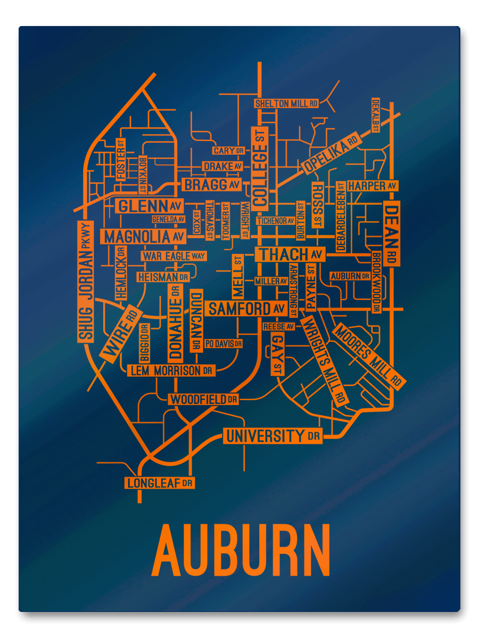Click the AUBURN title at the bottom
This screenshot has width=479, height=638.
(241, 550)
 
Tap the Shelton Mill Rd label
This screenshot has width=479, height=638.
(286, 103)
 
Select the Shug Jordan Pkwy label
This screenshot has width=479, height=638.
(85, 282)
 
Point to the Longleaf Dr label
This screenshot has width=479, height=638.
(159, 483)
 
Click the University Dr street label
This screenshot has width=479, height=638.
(273, 436)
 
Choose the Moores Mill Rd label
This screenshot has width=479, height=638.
(368, 355)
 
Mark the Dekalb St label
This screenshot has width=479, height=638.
(376, 115)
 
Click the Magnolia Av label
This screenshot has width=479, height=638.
(144, 236)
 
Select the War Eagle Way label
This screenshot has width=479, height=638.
(174, 256)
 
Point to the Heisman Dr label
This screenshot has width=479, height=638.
(163, 277)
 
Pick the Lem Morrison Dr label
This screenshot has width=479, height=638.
(171, 371)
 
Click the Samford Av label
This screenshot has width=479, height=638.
(247, 308)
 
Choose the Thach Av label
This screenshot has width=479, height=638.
(290, 255)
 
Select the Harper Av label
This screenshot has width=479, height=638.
(372, 186)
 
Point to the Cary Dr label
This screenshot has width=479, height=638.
(228, 151)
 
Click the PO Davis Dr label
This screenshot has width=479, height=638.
(223, 343)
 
